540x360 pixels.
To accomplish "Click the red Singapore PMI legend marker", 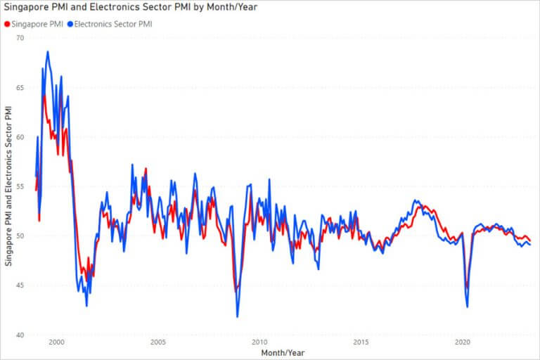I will pyautogui.click(x=8, y=23).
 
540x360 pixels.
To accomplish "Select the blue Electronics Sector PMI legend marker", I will pyautogui.click(x=70, y=23).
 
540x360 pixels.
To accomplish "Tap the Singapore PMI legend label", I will pyautogui.click(x=37, y=23).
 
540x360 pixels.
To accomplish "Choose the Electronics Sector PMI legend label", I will pyautogui.click(x=112, y=23).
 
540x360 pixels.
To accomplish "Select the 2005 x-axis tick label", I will pyautogui.click(x=157, y=342).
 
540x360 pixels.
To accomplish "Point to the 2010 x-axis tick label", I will pyautogui.click(x=259, y=342).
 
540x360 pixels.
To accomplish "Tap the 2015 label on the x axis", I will pyautogui.click(x=361, y=342).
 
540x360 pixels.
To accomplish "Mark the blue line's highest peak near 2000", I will pyautogui.click(x=48, y=51).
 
